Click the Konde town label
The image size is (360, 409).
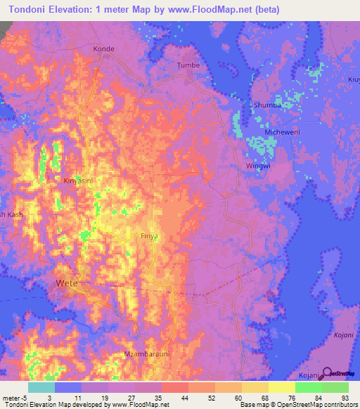103,49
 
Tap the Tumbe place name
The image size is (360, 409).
188,65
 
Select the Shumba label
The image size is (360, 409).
264,105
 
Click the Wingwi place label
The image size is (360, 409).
257,166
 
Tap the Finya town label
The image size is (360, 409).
150,237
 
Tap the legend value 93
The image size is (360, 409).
345,397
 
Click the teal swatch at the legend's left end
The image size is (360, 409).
41,387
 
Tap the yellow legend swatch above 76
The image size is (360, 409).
281,387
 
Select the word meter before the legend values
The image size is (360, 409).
13,397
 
